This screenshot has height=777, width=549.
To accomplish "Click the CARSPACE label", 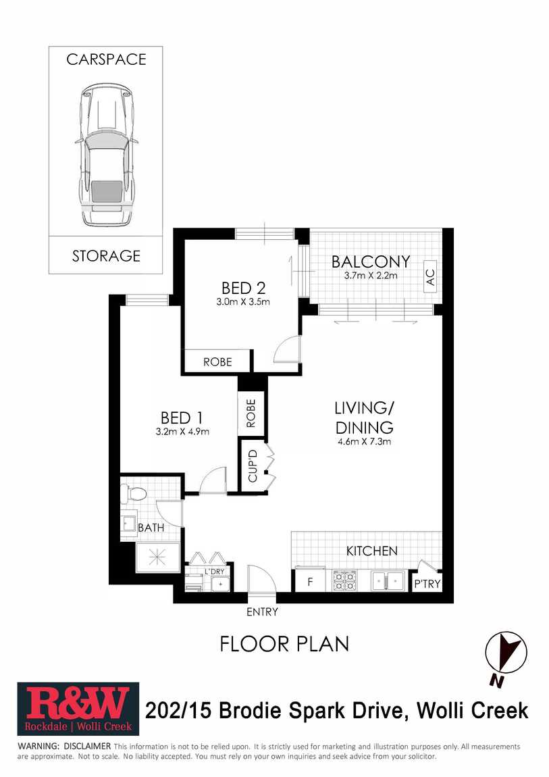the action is (x=107, y=59).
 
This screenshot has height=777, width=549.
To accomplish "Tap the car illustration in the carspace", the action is (x=105, y=155).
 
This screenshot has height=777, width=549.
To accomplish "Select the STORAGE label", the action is (x=107, y=256).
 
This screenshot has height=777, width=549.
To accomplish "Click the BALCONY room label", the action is (x=371, y=261).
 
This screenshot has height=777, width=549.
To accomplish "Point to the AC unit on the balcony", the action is (x=430, y=277).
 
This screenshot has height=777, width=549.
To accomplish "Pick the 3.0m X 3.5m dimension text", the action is (x=243, y=302).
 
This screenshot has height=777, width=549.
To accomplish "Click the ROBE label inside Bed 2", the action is (x=218, y=362).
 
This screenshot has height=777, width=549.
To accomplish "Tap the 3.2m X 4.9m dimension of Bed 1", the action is (x=182, y=432).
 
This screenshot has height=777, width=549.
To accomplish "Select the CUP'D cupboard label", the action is (x=253, y=466).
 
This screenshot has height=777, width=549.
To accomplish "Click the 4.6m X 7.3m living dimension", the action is (x=365, y=441).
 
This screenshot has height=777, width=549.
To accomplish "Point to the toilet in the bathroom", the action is (x=134, y=493).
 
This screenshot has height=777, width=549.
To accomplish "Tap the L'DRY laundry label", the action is (x=215, y=572).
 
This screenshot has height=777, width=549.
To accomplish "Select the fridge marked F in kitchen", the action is (x=311, y=580).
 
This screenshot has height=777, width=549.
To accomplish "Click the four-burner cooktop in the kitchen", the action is (x=344, y=581).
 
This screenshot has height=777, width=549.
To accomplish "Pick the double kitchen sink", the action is (x=388, y=580).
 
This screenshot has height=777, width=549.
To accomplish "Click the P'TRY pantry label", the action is (x=427, y=584).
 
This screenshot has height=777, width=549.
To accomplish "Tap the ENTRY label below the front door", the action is (x=263, y=612).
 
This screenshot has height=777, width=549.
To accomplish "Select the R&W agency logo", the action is (x=78, y=709).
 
